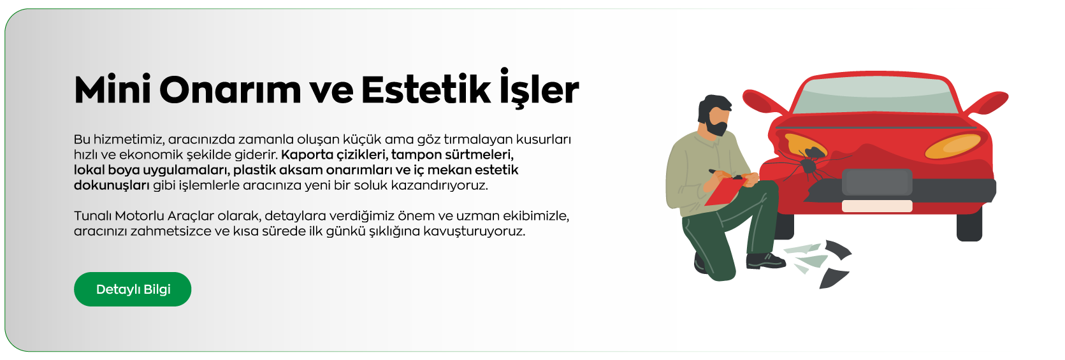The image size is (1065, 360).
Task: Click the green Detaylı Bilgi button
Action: coord(133,289)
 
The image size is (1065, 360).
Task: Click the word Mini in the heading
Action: coord(112,90)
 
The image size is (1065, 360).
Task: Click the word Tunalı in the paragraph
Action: coord(92,216)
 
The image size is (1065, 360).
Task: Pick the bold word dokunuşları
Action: coord(112,185)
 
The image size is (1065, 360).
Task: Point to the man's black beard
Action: coord(717,128)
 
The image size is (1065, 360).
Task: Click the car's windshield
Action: coord(876,97)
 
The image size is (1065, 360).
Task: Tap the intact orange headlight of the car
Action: coord(952,147)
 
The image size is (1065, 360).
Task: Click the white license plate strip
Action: coord(877,206)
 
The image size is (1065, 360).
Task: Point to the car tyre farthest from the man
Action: coord(969,226)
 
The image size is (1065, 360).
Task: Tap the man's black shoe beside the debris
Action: coord(765,260)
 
